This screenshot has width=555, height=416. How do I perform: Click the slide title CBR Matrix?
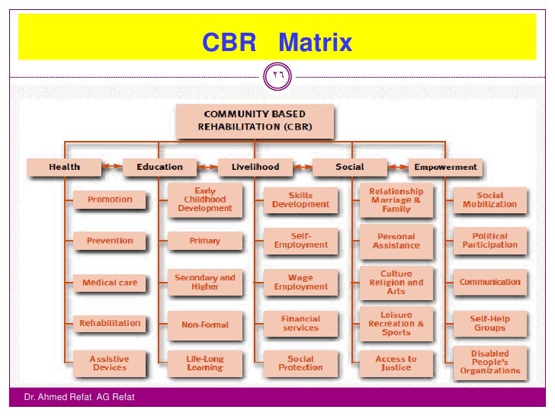pyautogui.click(x=277, y=43)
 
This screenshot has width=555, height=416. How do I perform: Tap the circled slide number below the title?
pyautogui.click(x=277, y=75)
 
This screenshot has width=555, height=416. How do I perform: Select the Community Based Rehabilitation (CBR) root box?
pyautogui.click(x=255, y=120)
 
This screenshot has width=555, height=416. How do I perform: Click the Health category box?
pyautogui.click(x=64, y=167)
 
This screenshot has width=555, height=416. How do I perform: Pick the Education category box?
pyautogui.click(x=159, y=167)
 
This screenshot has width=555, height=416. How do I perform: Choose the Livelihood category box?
pyautogui.click(x=255, y=167)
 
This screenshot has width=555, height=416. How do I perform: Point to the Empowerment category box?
pyautogui.click(x=445, y=167)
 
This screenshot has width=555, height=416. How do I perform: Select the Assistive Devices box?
pyautogui.click(x=110, y=363)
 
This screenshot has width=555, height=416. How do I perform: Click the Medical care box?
pyautogui.click(x=110, y=283)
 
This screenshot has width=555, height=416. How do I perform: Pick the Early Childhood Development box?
pyautogui.click(x=205, y=200)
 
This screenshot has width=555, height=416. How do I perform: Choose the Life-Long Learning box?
pyautogui.click(x=205, y=363)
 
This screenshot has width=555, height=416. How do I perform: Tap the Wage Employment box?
pyautogui.click(x=300, y=283)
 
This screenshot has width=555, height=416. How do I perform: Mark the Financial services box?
pyautogui.click(x=300, y=324)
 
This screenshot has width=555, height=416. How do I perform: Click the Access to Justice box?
pyautogui.click(x=396, y=363)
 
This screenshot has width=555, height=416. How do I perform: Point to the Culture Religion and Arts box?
pyautogui.click(x=396, y=283)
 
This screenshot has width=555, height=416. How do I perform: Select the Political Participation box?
pyautogui.click(x=489, y=241)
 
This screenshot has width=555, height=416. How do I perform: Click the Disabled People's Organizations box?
pyautogui.click(x=489, y=363)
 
